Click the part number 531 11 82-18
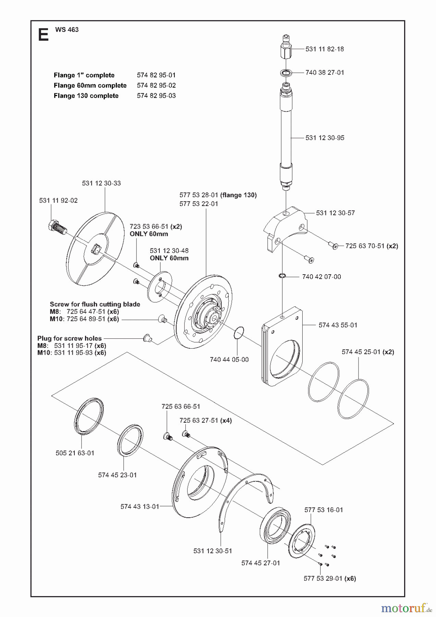(x=324, y=49)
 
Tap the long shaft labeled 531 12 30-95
(x=286, y=137)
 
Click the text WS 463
(x=67, y=29)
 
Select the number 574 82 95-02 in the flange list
(x=156, y=85)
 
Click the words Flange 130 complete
(x=86, y=96)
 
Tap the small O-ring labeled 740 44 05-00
(x=239, y=332)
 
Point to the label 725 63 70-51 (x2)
(x=372, y=246)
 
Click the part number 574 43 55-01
(x=338, y=325)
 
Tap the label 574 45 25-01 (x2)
(x=367, y=352)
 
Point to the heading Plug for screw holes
(x=70, y=338)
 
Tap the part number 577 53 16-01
(x=323, y=510)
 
